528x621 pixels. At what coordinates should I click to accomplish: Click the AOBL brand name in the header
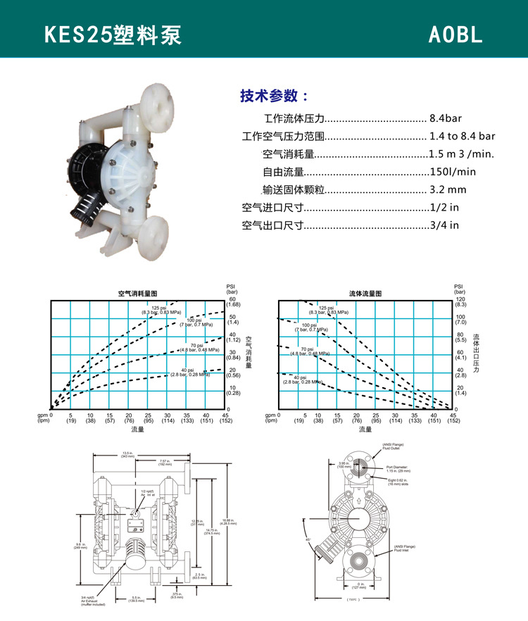click(x=455, y=36)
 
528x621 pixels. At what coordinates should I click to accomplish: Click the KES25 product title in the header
click(x=113, y=36)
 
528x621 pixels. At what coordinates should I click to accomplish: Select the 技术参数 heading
click(x=274, y=96)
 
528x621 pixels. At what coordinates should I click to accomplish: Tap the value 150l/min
click(x=453, y=171)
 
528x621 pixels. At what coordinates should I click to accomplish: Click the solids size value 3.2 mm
click(x=448, y=189)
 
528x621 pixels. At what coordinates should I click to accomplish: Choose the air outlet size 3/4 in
click(x=444, y=225)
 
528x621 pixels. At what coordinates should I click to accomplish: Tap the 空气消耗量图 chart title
click(x=137, y=293)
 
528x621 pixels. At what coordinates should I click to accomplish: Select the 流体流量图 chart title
click(x=365, y=293)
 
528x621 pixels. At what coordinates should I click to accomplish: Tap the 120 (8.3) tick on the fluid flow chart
click(x=460, y=302)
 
